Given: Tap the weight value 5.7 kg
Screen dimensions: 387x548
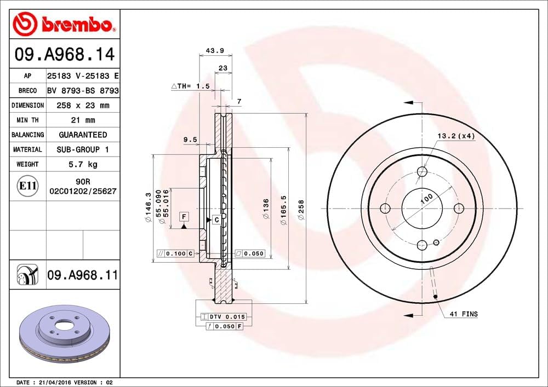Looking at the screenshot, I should tap(83, 164).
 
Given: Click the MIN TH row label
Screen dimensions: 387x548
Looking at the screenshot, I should tap(27, 120).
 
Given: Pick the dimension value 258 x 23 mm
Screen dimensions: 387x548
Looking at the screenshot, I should tap(83, 105).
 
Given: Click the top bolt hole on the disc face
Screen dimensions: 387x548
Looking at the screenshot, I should tap(422, 171).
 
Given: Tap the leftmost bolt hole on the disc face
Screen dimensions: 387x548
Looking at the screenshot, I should tap(385, 208).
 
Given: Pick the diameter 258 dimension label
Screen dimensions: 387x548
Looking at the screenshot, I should tap(301, 209).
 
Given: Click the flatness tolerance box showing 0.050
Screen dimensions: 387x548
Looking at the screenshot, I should tap(250, 253).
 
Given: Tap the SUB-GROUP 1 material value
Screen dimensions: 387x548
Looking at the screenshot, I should tap(83, 149).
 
